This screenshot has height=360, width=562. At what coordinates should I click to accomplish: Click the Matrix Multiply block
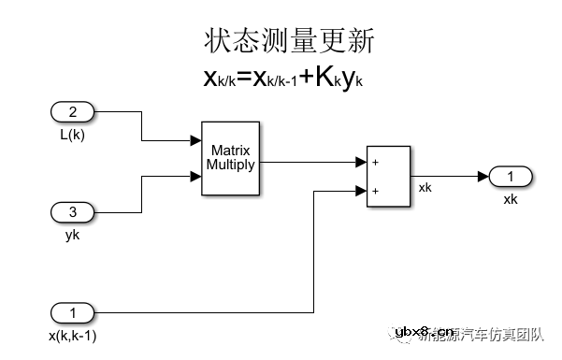(230, 158)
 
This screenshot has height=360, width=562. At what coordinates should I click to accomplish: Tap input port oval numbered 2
(71, 113)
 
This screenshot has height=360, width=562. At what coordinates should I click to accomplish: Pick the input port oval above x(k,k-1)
(71, 310)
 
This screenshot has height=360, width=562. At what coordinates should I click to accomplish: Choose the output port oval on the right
(510, 178)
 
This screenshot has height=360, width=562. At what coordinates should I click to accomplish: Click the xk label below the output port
(510, 198)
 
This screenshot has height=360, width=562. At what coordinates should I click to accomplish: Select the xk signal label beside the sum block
(425, 188)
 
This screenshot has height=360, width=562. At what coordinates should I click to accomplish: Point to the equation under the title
(282, 78)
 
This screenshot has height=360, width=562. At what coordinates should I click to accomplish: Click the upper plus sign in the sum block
(375, 162)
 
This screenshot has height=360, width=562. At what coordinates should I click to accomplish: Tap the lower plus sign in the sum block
(375, 190)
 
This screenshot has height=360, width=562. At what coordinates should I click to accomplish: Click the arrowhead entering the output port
(481, 178)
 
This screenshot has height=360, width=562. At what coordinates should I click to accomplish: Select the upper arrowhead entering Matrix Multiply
(196, 142)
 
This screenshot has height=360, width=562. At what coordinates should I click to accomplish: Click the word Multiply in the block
(230, 165)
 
